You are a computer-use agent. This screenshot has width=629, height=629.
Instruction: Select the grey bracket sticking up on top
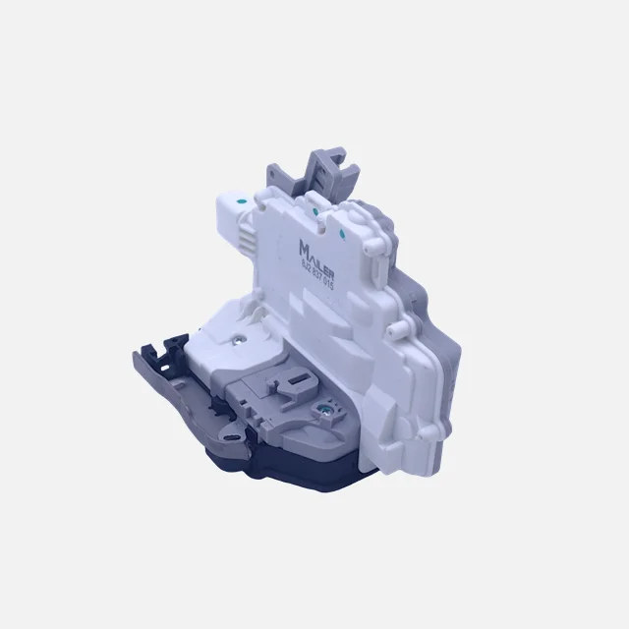(x=328, y=168)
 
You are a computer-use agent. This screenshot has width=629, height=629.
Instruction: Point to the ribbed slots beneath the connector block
(x=247, y=239)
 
